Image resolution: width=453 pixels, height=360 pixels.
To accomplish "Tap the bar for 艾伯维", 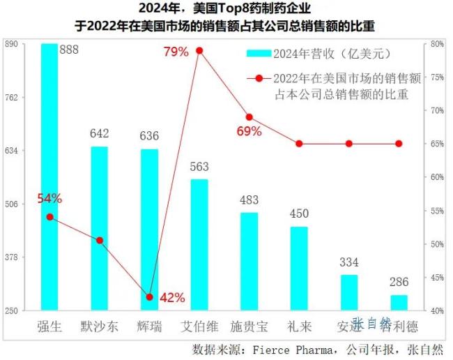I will coord(199,244).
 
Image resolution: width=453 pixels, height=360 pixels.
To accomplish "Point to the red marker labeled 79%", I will coord(199,50).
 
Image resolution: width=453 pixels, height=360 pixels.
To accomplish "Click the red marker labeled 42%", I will coord(149,297).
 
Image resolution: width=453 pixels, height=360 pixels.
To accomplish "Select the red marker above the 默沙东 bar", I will coord(100,240).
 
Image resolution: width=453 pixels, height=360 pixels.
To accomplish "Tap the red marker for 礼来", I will coord(299,144).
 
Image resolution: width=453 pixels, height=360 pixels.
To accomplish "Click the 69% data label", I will coord(249,131).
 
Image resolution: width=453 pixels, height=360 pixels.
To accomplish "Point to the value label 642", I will coord(100,133).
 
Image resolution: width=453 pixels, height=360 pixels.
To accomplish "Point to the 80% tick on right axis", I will coord(437,43).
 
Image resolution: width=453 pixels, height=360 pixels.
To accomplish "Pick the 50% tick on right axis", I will coord(437,243).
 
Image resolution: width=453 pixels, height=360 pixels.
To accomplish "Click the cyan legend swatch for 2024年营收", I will coord(259,53).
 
